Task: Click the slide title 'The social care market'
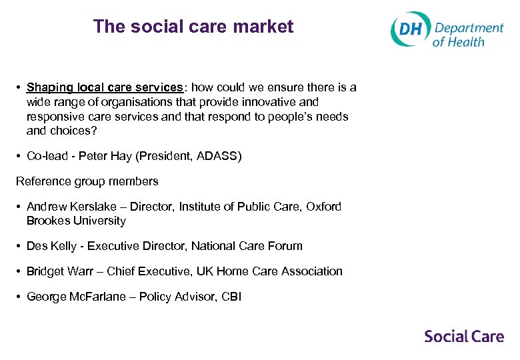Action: click(193, 27)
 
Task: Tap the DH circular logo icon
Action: click(409, 29)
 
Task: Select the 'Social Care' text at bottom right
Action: click(464, 336)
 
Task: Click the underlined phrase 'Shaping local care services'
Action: click(105, 87)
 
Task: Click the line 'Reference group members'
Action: click(87, 181)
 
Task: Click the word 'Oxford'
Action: click(323, 207)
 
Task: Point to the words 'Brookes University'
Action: click(76, 221)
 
